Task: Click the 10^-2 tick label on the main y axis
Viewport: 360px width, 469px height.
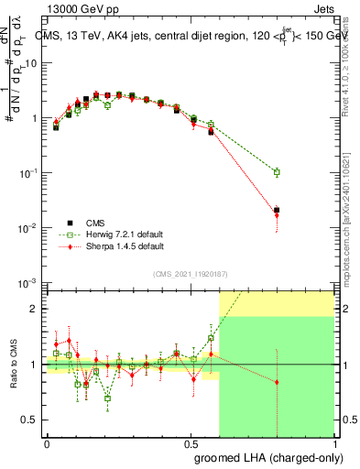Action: coord(28,227)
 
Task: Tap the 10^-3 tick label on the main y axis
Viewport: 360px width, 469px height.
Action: coord(28,282)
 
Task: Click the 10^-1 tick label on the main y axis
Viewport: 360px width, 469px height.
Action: coord(28,172)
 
